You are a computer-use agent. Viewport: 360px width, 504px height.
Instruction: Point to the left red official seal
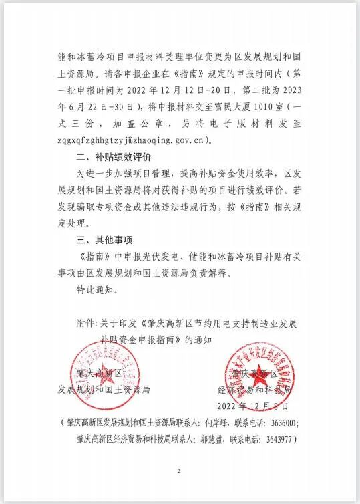point(97,372)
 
